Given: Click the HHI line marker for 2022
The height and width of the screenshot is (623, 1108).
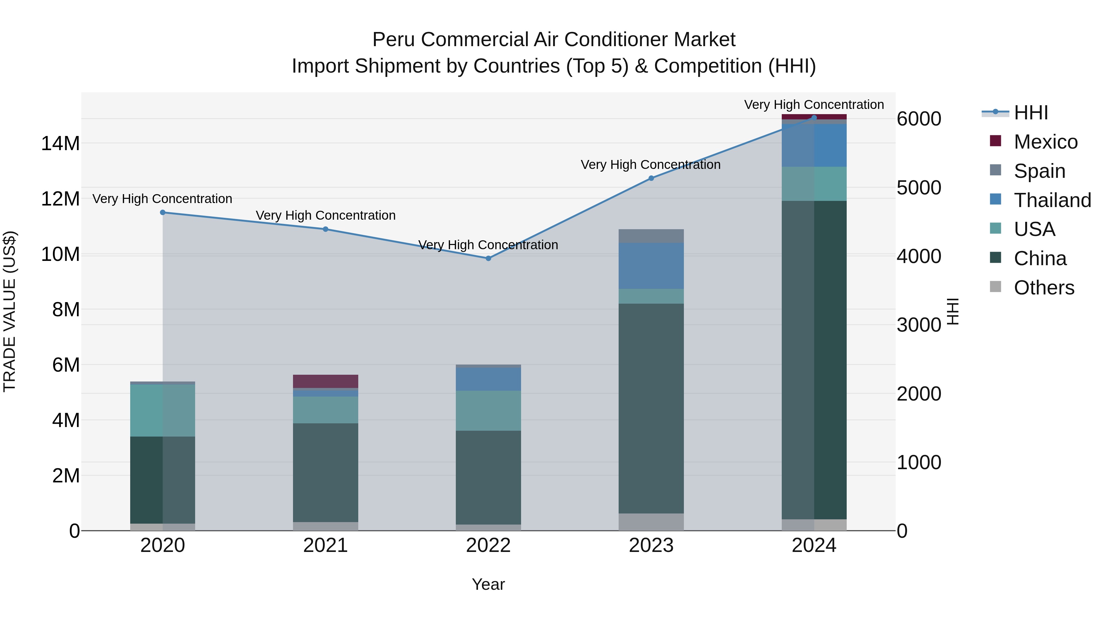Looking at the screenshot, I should point(488,258).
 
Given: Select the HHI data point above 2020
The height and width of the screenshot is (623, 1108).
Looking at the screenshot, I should point(163,212).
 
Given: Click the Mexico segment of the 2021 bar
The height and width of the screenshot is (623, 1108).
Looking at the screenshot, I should point(326,381).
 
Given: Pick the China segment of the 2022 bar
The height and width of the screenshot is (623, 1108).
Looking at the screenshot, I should point(488,477).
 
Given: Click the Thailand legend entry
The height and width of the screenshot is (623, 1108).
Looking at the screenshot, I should point(1052,200).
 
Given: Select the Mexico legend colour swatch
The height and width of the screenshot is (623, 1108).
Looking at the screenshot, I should point(995,141).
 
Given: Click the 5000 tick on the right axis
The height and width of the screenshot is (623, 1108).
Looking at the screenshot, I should point(919,188).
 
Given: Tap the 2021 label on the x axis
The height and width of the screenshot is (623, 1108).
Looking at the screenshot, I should point(326,545).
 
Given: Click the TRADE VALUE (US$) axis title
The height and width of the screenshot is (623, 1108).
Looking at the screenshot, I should point(10,311).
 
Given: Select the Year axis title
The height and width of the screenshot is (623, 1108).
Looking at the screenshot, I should point(488,584).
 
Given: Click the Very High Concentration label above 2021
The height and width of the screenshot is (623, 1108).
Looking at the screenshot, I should point(326,215).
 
